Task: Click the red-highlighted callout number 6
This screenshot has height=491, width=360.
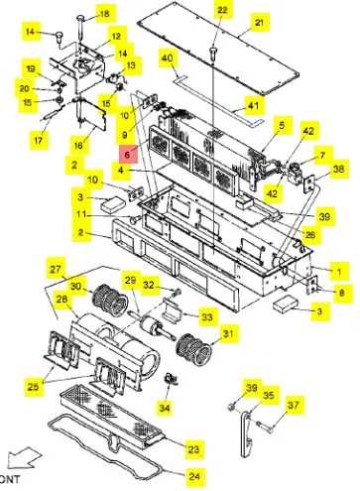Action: [x=128, y=154]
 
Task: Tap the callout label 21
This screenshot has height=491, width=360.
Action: [x=259, y=22]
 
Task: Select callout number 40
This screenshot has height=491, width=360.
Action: [x=167, y=59]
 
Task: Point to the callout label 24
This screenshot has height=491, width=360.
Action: [x=194, y=476]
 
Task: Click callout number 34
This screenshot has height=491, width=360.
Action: [x=165, y=407]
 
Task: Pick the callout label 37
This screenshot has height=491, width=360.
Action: [x=294, y=405]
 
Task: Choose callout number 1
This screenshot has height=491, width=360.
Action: [x=339, y=272]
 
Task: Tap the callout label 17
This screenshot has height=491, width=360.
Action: [x=39, y=140]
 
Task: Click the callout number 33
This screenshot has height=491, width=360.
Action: [x=207, y=316]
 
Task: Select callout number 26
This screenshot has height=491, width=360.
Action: [x=310, y=235]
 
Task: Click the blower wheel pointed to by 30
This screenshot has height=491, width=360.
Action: [x=110, y=300]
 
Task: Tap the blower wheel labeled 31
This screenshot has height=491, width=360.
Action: [x=193, y=349]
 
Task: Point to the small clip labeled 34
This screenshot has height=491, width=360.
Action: [x=171, y=379]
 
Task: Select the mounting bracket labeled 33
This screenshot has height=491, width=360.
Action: [x=172, y=308]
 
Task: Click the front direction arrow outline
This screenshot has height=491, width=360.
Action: [x=24, y=457]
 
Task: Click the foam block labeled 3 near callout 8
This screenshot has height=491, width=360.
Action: [x=286, y=304]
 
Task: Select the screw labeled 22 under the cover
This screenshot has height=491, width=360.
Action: [x=213, y=54]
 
